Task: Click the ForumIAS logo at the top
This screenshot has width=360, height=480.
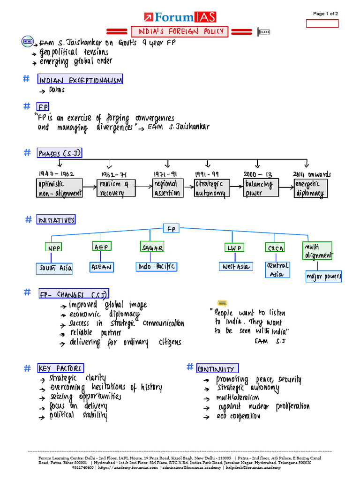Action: [x=180, y=17]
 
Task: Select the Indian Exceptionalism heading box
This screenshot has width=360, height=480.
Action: [x=80, y=80]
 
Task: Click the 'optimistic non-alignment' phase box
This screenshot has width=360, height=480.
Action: [x=60, y=188]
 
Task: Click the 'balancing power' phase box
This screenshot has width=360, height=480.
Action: [x=261, y=188]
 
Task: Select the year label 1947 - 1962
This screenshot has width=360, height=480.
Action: [x=56, y=174]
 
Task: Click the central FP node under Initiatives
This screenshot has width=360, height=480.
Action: [x=172, y=229]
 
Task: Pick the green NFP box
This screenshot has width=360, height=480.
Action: [x=54, y=247]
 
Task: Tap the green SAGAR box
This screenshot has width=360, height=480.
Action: [x=152, y=247]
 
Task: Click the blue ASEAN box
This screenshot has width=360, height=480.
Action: [x=102, y=267]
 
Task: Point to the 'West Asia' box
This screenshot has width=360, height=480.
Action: [x=235, y=267]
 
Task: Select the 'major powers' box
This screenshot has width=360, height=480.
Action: [x=323, y=277]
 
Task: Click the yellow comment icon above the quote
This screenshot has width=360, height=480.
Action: [x=222, y=304]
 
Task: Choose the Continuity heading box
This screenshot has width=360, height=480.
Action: [x=217, y=368]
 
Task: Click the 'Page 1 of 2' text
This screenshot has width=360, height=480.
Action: [x=326, y=14]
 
